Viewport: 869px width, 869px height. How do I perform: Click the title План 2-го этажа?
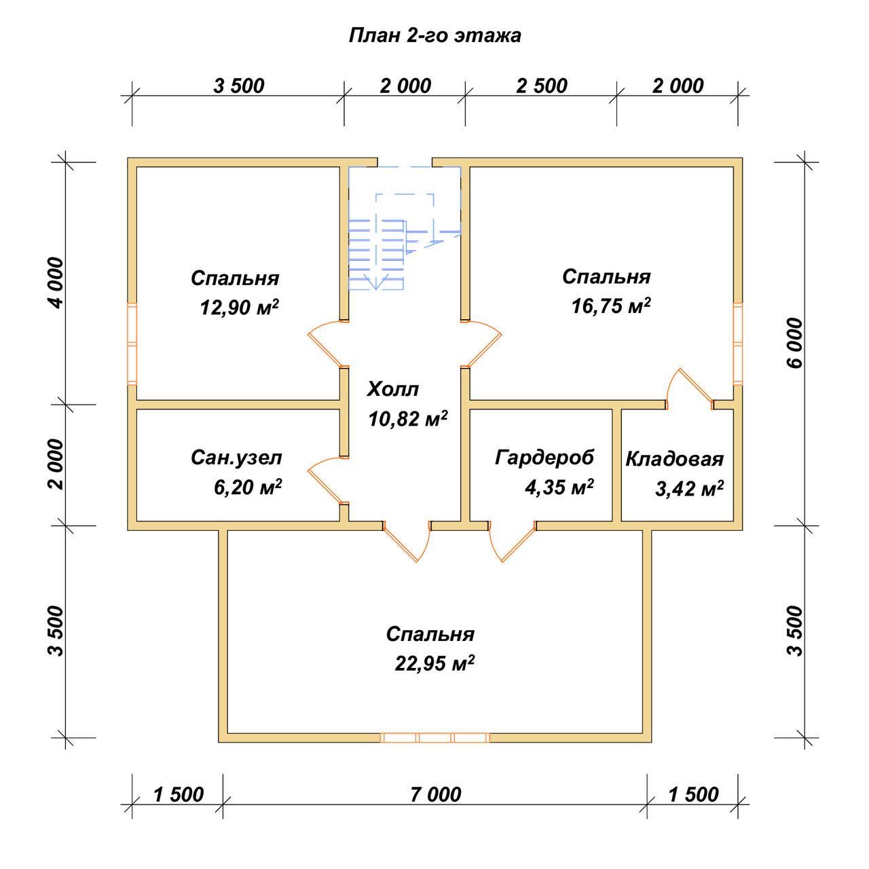pos(434,35)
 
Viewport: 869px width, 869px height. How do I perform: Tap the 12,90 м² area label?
pos(239,308)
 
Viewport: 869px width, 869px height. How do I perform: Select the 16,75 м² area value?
pos(611,306)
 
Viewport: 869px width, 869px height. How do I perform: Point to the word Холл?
pos(393,389)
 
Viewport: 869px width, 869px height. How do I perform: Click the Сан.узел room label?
pos(236,458)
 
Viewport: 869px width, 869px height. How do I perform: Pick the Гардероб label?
pos(544,458)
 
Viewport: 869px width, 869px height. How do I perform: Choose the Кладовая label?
pos(675,459)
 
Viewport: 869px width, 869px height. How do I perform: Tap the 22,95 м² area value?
pos(434,663)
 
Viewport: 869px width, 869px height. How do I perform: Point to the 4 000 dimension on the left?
pos(56,282)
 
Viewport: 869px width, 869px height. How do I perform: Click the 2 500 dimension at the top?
pos(542,86)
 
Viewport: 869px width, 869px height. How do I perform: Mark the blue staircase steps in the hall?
pos(376,255)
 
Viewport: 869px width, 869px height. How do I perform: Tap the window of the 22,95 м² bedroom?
pos(434,738)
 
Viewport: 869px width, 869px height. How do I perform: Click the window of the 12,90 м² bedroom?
pos(132,344)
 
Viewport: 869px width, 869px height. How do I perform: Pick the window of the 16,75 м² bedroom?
pos(737,344)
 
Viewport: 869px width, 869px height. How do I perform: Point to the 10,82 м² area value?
pos(407,419)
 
